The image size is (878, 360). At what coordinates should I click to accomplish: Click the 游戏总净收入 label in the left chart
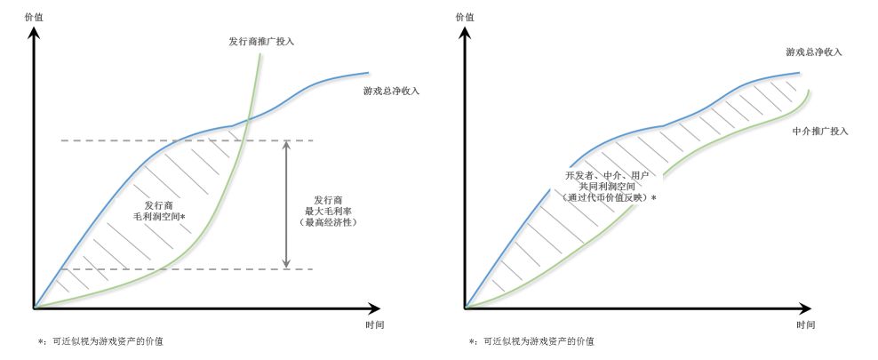pyautogui.click(x=391, y=92)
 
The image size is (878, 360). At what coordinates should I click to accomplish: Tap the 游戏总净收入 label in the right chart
pyautogui.click(x=813, y=52)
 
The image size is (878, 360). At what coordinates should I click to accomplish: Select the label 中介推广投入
pyautogui.click(x=819, y=131)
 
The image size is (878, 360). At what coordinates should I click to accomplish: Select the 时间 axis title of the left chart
pyautogui.click(x=375, y=324)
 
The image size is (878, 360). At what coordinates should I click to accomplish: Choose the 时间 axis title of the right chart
pyautogui.click(x=806, y=324)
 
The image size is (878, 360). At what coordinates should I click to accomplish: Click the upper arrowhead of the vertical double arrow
pyautogui.click(x=286, y=145)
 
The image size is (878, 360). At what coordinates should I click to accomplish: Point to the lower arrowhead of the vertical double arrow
pyautogui.click(x=286, y=263)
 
